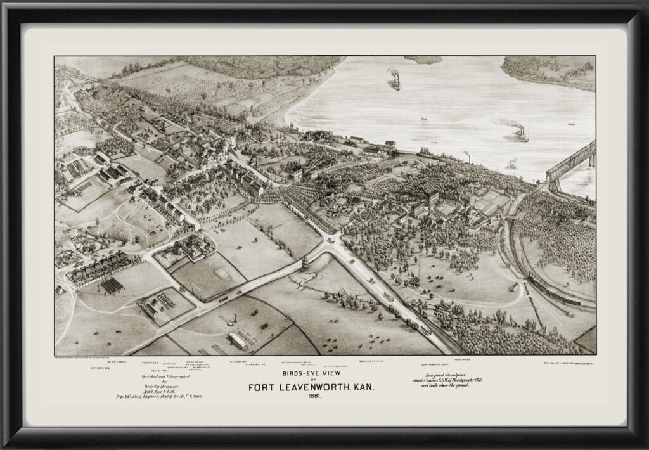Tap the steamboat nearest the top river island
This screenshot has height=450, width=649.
(x=394, y=79)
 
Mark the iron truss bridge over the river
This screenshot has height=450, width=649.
(x=572, y=162)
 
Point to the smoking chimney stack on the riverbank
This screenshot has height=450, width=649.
(x=467, y=156)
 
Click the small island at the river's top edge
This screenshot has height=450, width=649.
(x=423, y=60)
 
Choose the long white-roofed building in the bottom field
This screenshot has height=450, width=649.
(x=238, y=340)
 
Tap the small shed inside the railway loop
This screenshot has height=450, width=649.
(x=515, y=287)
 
